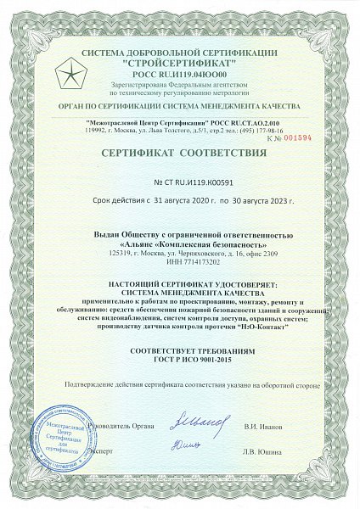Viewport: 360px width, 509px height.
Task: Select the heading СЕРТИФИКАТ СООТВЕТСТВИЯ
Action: (x=179, y=154)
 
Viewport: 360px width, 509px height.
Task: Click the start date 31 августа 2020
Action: (x=167, y=203)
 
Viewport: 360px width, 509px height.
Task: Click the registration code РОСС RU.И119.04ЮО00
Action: (x=180, y=75)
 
